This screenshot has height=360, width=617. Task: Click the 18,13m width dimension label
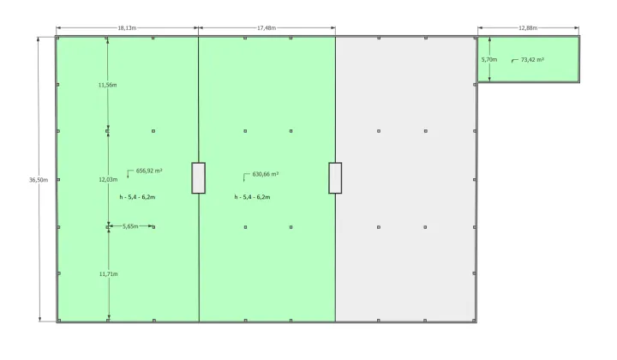(x=127, y=28)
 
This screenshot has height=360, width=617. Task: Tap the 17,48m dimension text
(x=267, y=28)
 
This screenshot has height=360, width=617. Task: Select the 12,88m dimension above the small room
(x=528, y=27)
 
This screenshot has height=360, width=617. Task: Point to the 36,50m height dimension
(x=39, y=180)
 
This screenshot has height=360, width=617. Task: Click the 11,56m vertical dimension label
(x=107, y=85)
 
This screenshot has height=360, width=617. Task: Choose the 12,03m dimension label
(x=108, y=179)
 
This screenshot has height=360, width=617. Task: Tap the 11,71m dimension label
(x=108, y=273)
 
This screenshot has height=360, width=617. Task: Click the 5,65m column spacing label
(x=130, y=226)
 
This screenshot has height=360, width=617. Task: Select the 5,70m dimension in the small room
(x=489, y=59)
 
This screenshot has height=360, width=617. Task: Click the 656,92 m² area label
(x=149, y=171)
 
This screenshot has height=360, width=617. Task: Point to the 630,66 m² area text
(x=266, y=174)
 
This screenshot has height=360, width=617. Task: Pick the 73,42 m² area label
(x=532, y=59)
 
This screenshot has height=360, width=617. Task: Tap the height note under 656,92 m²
(x=137, y=197)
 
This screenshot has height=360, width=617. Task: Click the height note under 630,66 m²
(x=252, y=197)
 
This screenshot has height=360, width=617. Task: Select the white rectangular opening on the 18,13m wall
(x=198, y=177)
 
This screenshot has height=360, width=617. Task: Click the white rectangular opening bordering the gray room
(x=335, y=177)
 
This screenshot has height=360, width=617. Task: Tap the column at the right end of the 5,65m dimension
(x=153, y=227)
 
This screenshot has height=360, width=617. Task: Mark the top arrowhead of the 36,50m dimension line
(x=39, y=39)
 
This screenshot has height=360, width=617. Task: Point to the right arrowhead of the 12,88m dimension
(x=577, y=28)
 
